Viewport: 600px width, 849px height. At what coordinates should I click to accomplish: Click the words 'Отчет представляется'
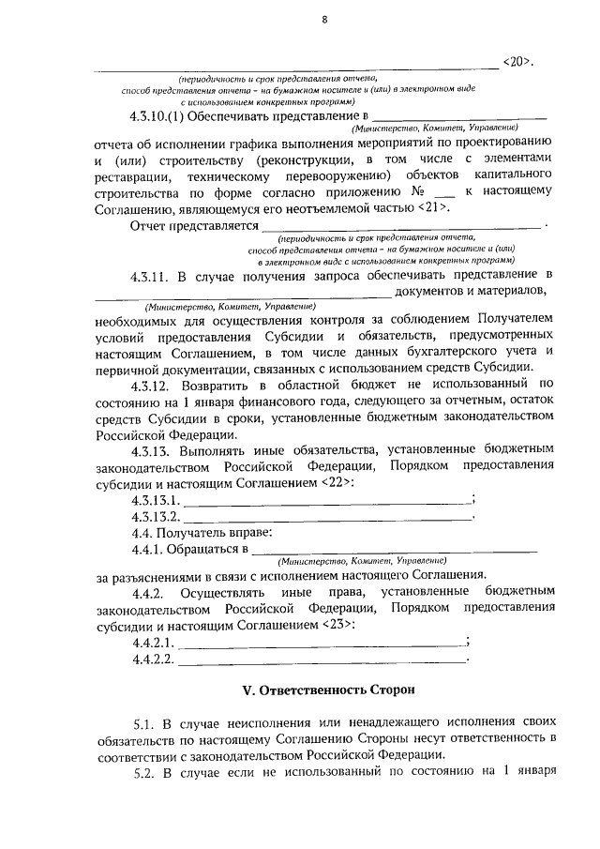click(x=192, y=227)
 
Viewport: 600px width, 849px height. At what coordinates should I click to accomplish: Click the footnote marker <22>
click(x=337, y=482)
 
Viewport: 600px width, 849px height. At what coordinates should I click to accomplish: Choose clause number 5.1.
click(x=142, y=725)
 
